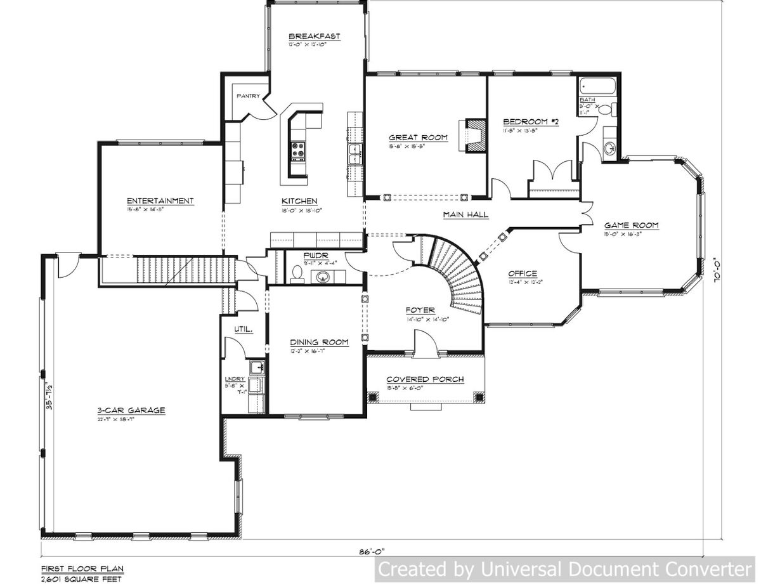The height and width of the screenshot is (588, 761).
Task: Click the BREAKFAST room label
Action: pyautogui.click(x=314, y=37)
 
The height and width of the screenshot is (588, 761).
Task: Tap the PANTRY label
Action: pyautogui.click(x=248, y=96)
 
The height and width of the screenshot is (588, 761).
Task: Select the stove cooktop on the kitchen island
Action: pyautogui.click(x=298, y=152)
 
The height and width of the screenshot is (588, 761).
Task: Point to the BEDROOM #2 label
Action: pyautogui.click(x=530, y=122)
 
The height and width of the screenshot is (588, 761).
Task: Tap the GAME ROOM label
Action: pyautogui.click(x=630, y=225)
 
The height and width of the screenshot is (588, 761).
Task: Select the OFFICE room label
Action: pyautogui.click(x=523, y=274)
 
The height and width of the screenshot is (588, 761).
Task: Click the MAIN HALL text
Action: pyautogui.click(x=465, y=215)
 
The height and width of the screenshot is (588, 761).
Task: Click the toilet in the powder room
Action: pyautogui.click(x=296, y=275)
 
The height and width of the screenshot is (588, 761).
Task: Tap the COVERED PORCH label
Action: pyautogui.click(x=425, y=379)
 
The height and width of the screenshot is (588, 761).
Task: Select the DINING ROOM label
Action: pyautogui.click(x=320, y=342)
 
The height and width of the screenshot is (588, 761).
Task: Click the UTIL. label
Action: pyautogui.click(x=244, y=330)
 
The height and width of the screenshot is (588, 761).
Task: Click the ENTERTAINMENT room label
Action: pyautogui.click(x=160, y=200)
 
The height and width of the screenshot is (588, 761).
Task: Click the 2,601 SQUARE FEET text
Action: pyautogui.click(x=81, y=578)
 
